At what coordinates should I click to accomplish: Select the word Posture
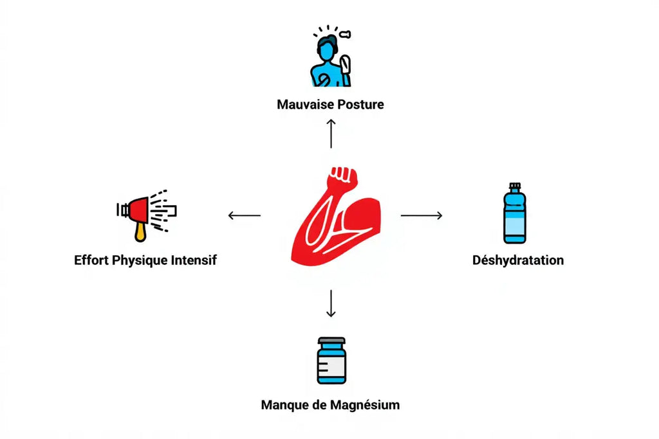pos(360,104)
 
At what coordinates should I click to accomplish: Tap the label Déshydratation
pos(518,260)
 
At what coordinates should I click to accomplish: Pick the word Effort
pos(91,260)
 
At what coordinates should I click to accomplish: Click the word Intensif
pos(194,260)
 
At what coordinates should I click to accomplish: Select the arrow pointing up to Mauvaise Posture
pos(331,133)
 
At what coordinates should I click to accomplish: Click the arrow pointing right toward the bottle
pos(422,215)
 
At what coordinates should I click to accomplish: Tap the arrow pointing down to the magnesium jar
pos(331,303)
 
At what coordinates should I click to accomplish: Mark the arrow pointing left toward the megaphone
pos(245,215)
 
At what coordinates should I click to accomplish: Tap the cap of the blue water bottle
pos(514,186)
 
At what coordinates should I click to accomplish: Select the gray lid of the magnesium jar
pos(331,341)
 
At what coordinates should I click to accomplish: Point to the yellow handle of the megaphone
pos(140,231)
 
